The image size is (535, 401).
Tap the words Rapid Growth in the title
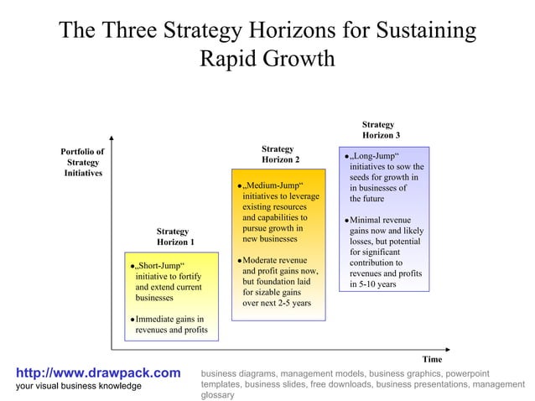[267, 60]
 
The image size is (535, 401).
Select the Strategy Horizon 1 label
[175, 237]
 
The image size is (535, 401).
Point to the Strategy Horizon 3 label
[381, 129]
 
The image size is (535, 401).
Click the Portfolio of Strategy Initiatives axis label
[82, 162]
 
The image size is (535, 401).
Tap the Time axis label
[432, 359]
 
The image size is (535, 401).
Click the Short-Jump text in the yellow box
[159, 266]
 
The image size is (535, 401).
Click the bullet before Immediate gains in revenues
[132, 320]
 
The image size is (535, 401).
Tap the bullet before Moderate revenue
[239, 261]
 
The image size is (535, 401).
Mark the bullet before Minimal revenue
[346, 221]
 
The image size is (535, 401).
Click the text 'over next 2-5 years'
[277, 303]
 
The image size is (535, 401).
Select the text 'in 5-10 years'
[373, 284]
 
